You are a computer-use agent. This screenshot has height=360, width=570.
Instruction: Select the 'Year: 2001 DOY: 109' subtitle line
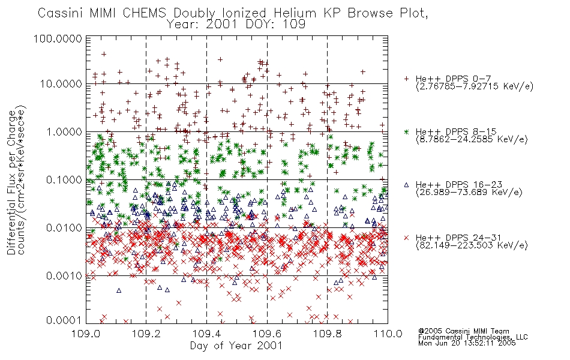coord(236,25)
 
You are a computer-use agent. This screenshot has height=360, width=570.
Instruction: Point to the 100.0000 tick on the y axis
coord(58,38)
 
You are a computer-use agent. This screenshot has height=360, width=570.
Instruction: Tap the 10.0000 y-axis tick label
coord(61,84)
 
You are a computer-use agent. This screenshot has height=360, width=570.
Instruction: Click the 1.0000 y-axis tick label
coord(64,132)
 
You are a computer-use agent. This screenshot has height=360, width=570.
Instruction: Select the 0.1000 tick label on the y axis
coord(64,180)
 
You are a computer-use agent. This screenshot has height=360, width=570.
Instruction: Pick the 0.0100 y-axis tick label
coord(64,228)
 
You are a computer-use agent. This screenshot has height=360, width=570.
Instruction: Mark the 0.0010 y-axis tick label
coord(64,276)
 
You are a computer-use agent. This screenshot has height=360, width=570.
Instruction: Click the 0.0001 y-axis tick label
coord(64,320)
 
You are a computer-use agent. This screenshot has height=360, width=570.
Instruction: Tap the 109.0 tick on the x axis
coord(86,334)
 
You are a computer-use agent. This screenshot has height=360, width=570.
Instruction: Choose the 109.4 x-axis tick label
coord(207,334)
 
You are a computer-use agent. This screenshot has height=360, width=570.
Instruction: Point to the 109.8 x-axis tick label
coord(328,334)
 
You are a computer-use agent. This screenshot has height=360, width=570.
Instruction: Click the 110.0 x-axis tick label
coord(388,334)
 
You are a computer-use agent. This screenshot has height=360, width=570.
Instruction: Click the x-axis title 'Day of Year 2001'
coord(236,346)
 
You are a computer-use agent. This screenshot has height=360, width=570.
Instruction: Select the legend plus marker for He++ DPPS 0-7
coord(406,79)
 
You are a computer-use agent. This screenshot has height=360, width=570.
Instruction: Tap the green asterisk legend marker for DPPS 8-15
coord(406,131)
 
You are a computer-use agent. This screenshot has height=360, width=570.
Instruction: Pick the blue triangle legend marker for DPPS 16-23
coord(406,185)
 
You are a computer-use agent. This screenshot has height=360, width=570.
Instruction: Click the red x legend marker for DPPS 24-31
coord(406,238)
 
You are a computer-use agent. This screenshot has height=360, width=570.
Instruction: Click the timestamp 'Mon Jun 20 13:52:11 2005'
coord(467,343)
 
